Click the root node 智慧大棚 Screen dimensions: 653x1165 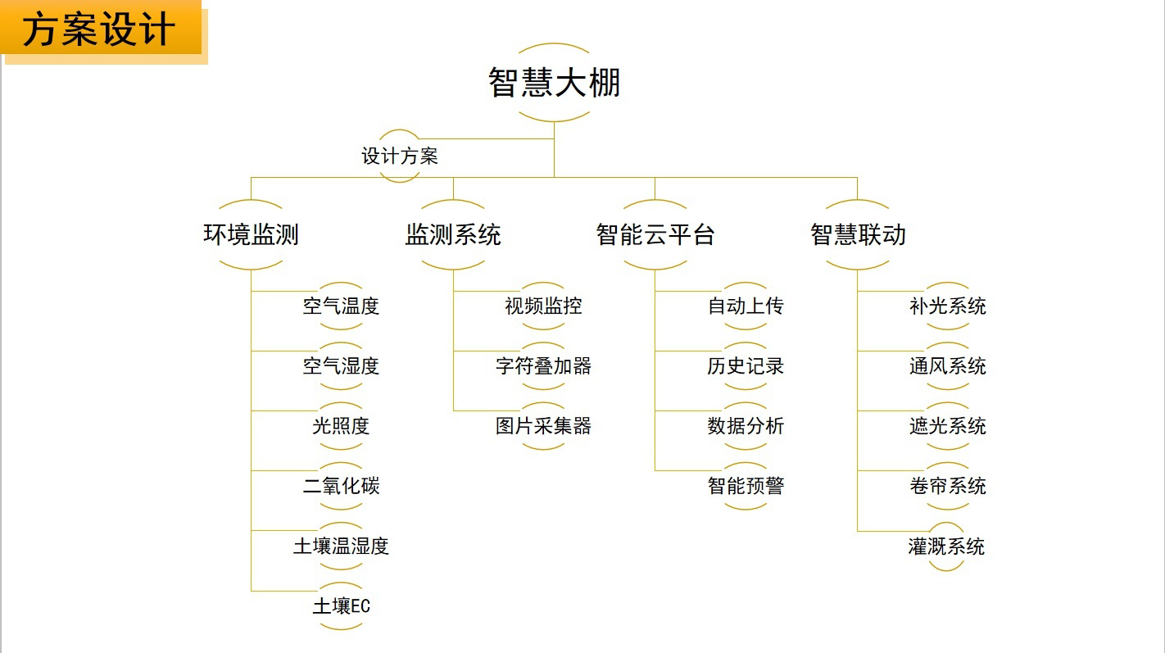pyautogui.click(x=555, y=83)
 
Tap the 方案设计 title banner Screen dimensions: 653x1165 pyautogui.click(x=100, y=30)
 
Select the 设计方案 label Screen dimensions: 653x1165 pyautogui.click(x=400, y=156)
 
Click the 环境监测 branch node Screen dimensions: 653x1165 pyautogui.click(x=251, y=235)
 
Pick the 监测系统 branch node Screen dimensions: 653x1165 pyautogui.click(x=453, y=235)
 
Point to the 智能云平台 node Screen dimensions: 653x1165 pyautogui.click(x=655, y=235)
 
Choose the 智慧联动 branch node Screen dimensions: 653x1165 pyautogui.click(x=858, y=235)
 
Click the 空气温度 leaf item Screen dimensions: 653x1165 pyautogui.click(x=341, y=306)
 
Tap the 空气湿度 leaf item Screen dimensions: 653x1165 pyautogui.click(x=341, y=366)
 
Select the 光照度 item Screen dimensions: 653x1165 pyautogui.click(x=341, y=426)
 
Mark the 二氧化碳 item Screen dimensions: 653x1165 pyautogui.click(x=341, y=486)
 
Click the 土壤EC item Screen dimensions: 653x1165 pyautogui.click(x=341, y=606)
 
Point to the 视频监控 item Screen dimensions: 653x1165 pyautogui.click(x=543, y=306)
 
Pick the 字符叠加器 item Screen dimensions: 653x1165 pyautogui.click(x=543, y=366)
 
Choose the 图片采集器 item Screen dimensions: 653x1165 pyautogui.click(x=543, y=426)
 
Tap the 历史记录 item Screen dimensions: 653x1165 pyautogui.click(x=746, y=366)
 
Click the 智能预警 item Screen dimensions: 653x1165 pyautogui.click(x=746, y=486)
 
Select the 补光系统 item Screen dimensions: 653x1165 pyautogui.click(x=947, y=306)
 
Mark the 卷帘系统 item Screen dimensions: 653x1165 pyautogui.click(x=947, y=486)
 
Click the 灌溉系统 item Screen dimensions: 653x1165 pyautogui.click(x=946, y=546)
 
